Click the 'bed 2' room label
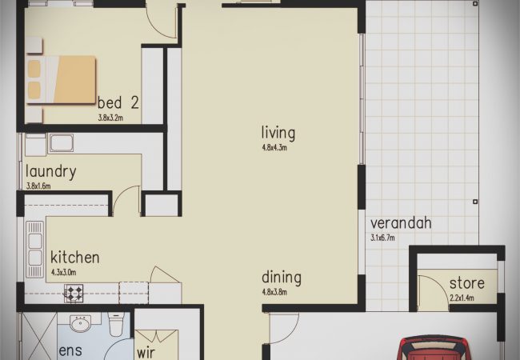click(118, 102)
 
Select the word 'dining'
click(282, 278)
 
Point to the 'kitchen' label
click(75, 257)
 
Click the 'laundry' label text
click(51, 172)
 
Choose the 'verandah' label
click(401, 223)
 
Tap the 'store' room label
click(467, 283)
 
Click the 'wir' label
click(146, 353)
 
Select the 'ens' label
click(70, 350)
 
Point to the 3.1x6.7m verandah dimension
click(382, 238)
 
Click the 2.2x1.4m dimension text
click(462, 298)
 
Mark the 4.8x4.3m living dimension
click(274, 147)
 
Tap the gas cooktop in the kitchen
click(74, 294)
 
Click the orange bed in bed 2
click(61, 79)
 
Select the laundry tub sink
click(62, 143)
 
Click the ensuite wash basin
click(80, 323)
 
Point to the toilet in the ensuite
click(116, 324)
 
